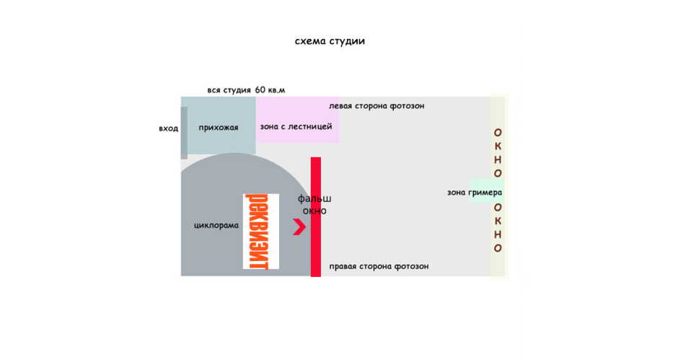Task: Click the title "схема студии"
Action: tap(330, 41)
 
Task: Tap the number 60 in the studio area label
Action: tap(261, 90)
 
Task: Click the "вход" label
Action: tap(169, 128)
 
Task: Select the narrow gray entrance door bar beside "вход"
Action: tap(184, 133)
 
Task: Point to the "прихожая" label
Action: tap(219, 128)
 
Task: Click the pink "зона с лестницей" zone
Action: tap(296, 119)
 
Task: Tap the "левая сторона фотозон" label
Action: tap(377, 106)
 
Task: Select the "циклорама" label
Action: tap(216, 225)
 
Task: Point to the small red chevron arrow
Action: tap(299, 227)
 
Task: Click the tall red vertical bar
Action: tap(316, 216)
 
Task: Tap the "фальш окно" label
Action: tap(314, 204)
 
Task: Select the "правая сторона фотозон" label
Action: tap(379, 266)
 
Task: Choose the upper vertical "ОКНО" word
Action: tap(498, 153)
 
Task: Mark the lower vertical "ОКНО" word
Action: tap(498, 227)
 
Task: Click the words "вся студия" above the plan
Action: tap(229, 90)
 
